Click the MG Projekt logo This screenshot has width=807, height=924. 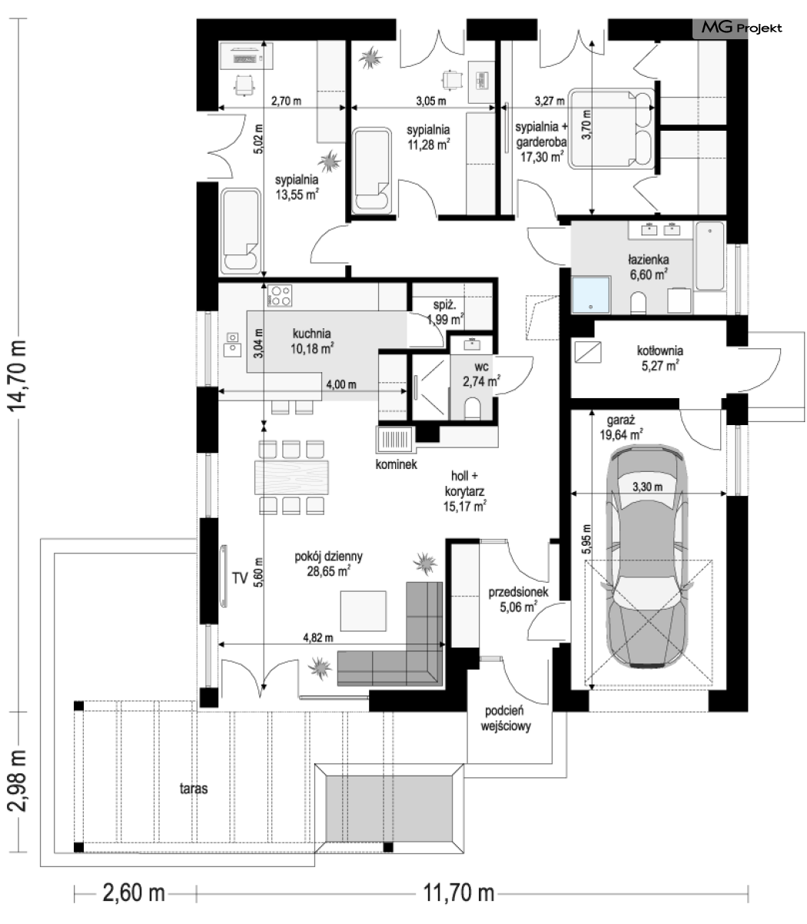point(741,28)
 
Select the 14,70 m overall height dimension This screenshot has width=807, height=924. point(17,376)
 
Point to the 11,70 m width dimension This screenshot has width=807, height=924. point(459,892)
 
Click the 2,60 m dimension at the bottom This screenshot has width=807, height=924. point(134,892)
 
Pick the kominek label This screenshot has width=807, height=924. point(396,464)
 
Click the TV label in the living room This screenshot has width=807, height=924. point(240,577)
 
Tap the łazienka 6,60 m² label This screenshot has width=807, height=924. point(649,267)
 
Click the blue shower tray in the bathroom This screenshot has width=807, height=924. point(591,295)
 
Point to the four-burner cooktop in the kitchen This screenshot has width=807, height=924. point(280,295)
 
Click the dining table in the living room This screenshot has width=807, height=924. point(291,477)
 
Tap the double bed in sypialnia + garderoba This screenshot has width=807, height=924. point(611,128)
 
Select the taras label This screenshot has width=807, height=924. point(194,789)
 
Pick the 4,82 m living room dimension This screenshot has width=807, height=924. point(318,638)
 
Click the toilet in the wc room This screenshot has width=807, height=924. point(473,407)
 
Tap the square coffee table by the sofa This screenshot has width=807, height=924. point(364,610)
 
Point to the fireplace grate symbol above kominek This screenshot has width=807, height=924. point(395,440)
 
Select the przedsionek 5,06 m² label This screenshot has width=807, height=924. point(518,600)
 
